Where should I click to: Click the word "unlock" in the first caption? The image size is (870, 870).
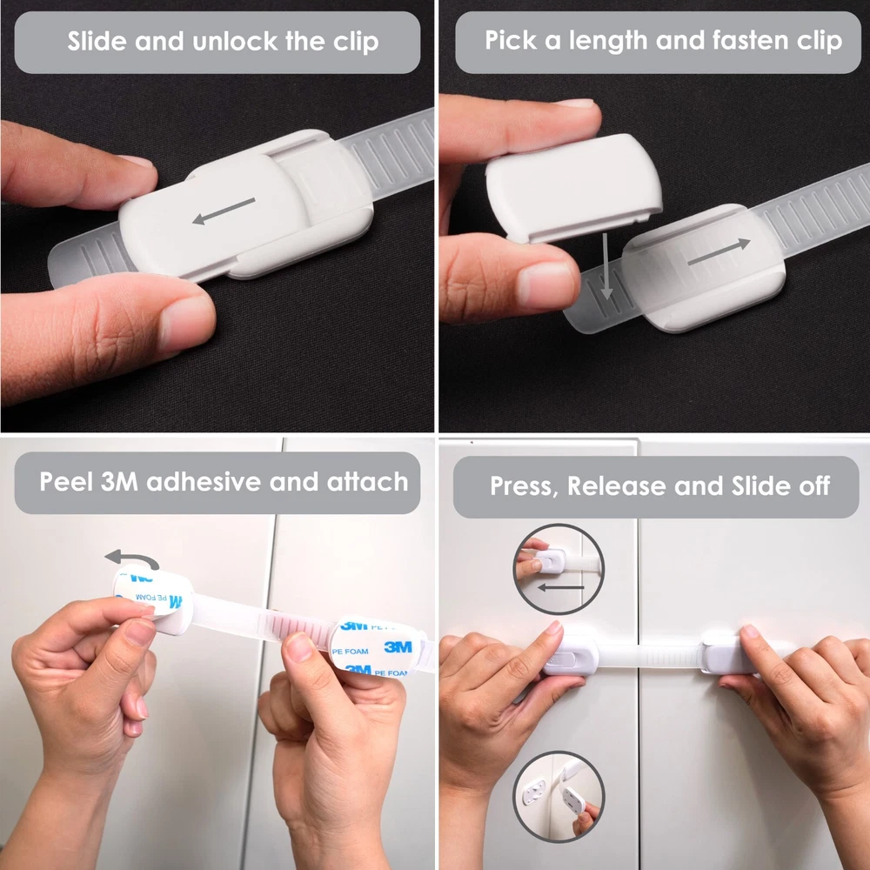pos(236,42)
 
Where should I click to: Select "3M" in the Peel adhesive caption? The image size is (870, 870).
pos(119,481)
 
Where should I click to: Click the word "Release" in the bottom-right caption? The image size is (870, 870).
pos(617,486)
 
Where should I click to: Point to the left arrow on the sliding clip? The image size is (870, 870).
pos(224,211)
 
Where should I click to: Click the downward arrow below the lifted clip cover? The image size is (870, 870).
pos(606,265)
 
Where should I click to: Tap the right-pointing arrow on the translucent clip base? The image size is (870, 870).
pos(719,251)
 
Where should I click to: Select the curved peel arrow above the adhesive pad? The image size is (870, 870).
pos(132,559)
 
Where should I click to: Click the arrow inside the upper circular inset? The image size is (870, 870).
pos(560,586)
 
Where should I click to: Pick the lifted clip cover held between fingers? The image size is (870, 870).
pos(574,187)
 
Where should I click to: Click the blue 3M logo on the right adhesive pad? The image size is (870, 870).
pos(398,647)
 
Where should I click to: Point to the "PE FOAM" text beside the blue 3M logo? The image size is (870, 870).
pos(350,652)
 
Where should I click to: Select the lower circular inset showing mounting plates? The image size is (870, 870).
pos(559,797)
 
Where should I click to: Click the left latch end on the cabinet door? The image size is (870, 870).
pos(571,656)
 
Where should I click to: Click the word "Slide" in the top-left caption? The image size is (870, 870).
pos(97,41)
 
